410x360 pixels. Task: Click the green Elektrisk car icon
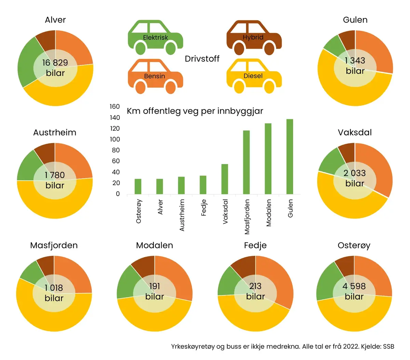click(x=155, y=37)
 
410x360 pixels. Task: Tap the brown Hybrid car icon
click(x=254, y=37)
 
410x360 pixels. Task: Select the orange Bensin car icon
click(x=155, y=76)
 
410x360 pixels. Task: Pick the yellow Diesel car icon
click(x=254, y=76)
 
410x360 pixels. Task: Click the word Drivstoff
click(x=202, y=59)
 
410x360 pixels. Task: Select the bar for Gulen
click(x=290, y=157)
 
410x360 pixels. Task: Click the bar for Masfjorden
click(x=246, y=162)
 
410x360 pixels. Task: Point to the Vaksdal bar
click(x=224, y=179)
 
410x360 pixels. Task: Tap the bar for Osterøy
click(x=138, y=186)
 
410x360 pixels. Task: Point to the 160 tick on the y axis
click(x=115, y=107)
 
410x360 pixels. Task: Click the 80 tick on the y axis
click(x=116, y=150)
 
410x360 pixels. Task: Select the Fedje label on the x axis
click(x=204, y=208)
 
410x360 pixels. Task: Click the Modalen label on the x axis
click(x=269, y=213)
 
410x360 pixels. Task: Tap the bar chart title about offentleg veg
click(x=195, y=111)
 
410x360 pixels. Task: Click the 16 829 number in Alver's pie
click(x=55, y=63)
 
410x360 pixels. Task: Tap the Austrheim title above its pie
click(x=55, y=133)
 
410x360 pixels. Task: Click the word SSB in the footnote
click(x=388, y=346)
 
